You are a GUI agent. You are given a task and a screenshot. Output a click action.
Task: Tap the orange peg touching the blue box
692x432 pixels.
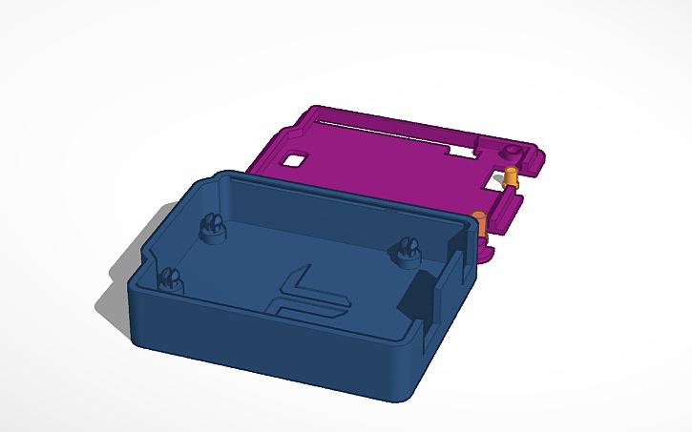click(481, 222)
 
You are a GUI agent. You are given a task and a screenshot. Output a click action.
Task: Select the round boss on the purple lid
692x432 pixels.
click(514, 152)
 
